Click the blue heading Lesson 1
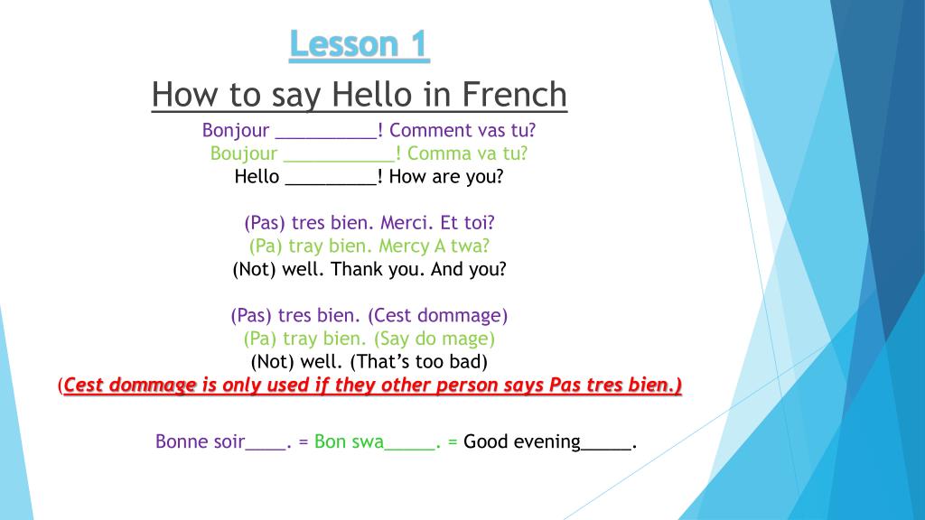(x=360, y=44)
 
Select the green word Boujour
(x=243, y=153)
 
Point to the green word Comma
(x=434, y=153)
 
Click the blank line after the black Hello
(x=331, y=177)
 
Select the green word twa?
(x=471, y=246)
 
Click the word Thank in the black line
(x=358, y=269)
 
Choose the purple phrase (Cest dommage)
(x=438, y=316)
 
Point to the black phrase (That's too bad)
(x=418, y=363)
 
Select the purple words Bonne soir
(x=200, y=441)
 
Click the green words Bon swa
(x=349, y=441)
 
